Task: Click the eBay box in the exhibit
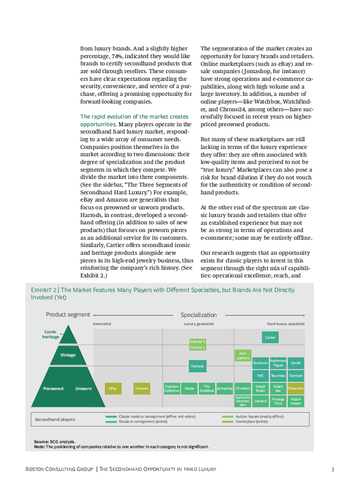113,389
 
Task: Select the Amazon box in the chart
142,389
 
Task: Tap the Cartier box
270,337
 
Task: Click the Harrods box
197,366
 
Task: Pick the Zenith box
296,363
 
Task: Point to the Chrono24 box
296,389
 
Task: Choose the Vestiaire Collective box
172,389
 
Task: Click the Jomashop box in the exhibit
224,389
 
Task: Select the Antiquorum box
242,356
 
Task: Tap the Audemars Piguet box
278,363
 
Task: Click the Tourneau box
278,376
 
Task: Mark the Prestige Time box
278,401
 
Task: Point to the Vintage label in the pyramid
68,355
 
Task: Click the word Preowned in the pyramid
53,389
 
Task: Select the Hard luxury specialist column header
286,324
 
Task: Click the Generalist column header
102,324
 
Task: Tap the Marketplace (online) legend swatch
227,422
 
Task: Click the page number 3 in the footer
333,469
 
